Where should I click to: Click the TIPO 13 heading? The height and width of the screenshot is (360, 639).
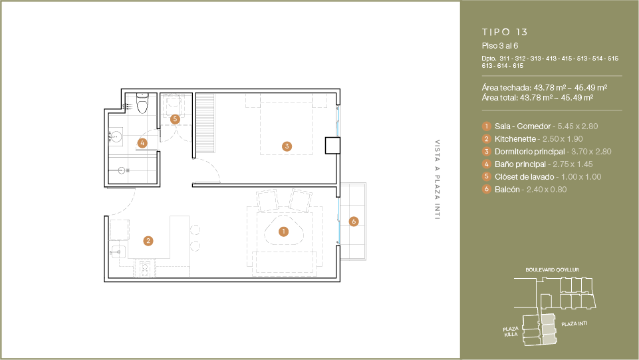click(505, 32)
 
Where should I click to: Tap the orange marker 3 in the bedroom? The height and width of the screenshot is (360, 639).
click(287, 146)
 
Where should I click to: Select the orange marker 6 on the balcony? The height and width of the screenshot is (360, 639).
click(354, 222)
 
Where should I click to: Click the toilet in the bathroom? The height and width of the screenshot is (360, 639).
click(142, 103)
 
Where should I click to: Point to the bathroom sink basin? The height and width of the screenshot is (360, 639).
click(116, 136)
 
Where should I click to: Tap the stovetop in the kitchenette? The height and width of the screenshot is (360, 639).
click(144, 270)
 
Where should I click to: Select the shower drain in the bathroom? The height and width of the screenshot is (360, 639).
click(122, 170)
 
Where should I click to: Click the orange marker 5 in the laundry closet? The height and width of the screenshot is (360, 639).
click(176, 119)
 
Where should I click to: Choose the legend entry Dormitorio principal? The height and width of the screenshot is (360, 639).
click(530, 152)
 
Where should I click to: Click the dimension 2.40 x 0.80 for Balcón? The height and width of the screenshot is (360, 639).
click(547, 190)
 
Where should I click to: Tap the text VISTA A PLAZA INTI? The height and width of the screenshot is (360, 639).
click(438, 180)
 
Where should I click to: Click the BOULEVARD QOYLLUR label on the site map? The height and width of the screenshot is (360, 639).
click(552, 270)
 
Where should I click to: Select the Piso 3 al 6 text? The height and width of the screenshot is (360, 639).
click(500, 46)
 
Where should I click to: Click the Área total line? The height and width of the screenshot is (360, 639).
click(537, 98)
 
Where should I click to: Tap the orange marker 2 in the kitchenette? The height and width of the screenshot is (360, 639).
click(148, 241)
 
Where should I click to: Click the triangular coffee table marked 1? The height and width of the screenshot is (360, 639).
click(284, 232)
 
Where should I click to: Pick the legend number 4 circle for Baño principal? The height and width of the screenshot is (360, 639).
click(486, 164)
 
